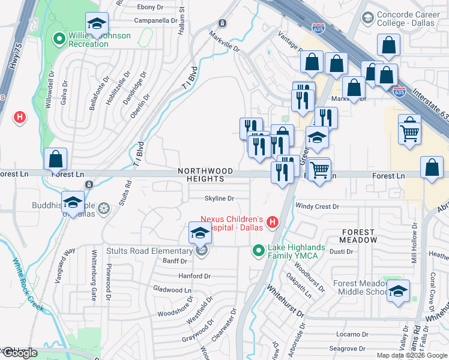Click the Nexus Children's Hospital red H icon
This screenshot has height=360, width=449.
273,223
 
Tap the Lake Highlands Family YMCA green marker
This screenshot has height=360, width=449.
259,250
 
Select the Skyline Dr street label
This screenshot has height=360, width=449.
219,198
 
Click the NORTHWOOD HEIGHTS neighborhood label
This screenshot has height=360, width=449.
205,175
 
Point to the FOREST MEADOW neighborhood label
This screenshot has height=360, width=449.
360,235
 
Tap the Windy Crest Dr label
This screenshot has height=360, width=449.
318,206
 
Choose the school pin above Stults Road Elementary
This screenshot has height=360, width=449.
200,232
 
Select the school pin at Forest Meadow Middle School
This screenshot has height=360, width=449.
398,291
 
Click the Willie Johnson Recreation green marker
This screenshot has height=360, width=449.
59,40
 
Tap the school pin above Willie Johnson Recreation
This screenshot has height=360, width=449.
97,23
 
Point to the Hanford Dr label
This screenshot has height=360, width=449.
194,276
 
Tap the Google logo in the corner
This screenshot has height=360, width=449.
20,353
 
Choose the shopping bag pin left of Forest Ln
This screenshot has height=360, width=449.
55,160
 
